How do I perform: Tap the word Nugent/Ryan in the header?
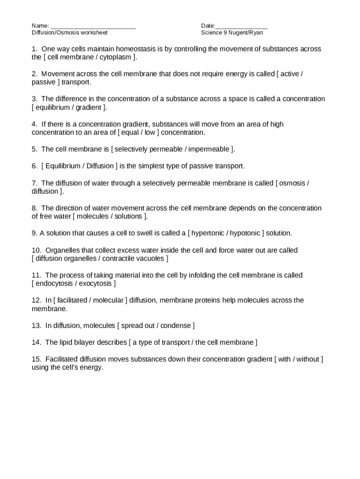250,33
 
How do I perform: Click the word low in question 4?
150,132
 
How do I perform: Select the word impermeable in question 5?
209,149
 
